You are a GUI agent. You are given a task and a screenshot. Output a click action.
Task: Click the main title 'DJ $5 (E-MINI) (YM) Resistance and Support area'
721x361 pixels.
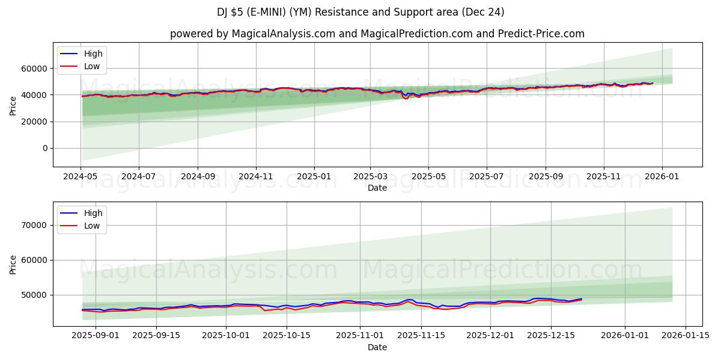pyautogui.click(x=360, y=12)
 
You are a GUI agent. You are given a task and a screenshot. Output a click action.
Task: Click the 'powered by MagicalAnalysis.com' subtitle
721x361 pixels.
pyautogui.click(x=377, y=34)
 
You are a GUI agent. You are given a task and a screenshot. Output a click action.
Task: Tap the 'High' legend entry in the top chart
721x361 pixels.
pyautogui.click(x=93, y=54)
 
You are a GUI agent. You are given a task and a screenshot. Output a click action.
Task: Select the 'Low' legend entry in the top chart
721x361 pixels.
pyautogui.click(x=92, y=67)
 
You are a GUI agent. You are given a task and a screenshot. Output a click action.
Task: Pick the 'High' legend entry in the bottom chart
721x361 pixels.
pyautogui.click(x=93, y=213)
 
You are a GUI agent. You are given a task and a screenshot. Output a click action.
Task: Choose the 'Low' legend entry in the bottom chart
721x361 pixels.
pyautogui.click(x=92, y=226)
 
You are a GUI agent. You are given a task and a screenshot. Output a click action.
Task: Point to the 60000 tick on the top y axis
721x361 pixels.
pyautogui.click(x=35, y=69)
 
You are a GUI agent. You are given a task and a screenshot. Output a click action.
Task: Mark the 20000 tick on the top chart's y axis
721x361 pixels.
pyautogui.click(x=35, y=122)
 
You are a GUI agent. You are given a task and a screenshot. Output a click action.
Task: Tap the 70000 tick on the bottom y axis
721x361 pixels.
pyautogui.click(x=35, y=225)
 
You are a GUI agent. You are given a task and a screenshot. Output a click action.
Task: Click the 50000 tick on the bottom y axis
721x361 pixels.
pyautogui.click(x=35, y=295)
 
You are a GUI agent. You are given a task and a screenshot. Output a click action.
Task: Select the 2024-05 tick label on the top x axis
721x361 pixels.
pyautogui.click(x=81, y=177)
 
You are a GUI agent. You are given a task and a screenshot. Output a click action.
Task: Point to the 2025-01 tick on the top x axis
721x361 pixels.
pyautogui.click(x=314, y=177)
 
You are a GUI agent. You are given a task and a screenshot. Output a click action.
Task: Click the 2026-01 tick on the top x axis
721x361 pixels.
pyautogui.click(x=662, y=177)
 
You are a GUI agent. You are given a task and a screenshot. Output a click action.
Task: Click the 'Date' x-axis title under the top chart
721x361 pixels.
pyautogui.click(x=377, y=188)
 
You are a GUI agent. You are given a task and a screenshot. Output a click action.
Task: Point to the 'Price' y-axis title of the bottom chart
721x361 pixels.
pyautogui.click(x=13, y=264)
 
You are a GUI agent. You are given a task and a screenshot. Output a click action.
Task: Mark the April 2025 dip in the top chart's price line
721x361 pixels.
pyautogui.click(x=406, y=97)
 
